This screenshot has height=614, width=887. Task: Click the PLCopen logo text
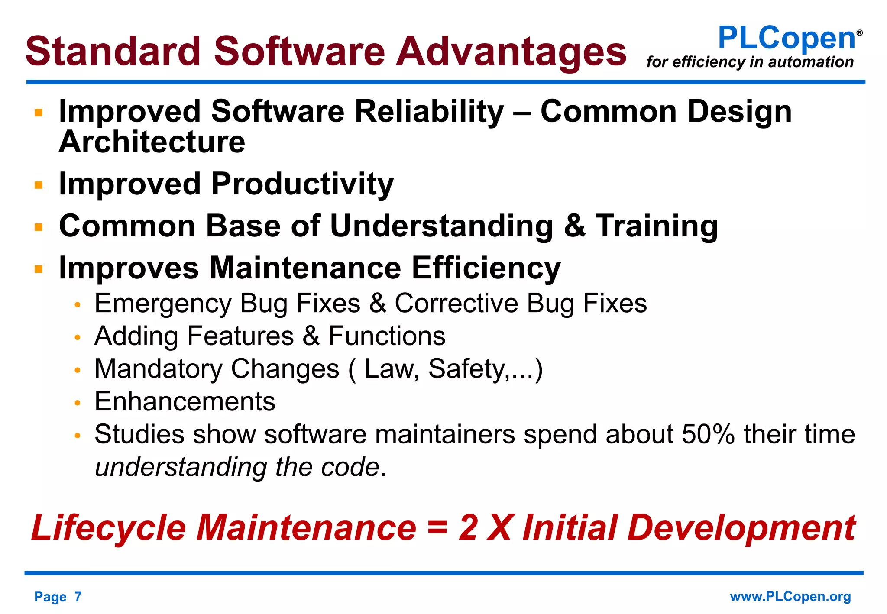pyautogui.click(x=787, y=38)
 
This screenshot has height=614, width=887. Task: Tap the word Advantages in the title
pyautogui.click(x=511, y=52)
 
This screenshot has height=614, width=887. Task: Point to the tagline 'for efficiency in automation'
pyautogui.click(x=750, y=62)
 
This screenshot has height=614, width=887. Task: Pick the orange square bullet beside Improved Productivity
pyautogui.click(x=39, y=185)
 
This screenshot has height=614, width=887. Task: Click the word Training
pyautogui.click(x=657, y=226)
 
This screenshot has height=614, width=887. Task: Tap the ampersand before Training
pyautogui.click(x=575, y=226)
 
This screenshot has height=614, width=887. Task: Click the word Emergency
pyautogui.click(x=163, y=304)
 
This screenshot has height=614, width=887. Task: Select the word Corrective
pyautogui.click(x=456, y=303)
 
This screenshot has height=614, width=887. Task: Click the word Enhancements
pyautogui.click(x=185, y=401)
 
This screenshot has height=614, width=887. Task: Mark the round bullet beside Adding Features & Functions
pyautogui.click(x=78, y=337)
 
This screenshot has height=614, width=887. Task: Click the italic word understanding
pyautogui.click(x=181, y=467)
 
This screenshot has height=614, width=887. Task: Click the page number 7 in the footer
pyautogui.click(x=78, y=597)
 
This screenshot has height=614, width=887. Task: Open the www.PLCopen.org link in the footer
pyautogui.click(x=790, y=597)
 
